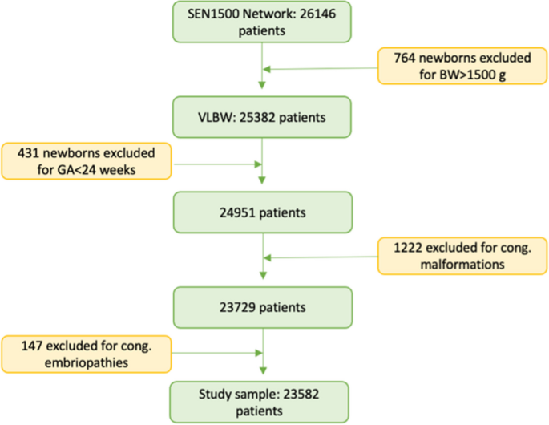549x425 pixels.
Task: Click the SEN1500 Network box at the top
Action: pos(263,23)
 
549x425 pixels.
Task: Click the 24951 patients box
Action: pos(263,212)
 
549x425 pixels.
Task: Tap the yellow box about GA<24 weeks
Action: pos(87,160)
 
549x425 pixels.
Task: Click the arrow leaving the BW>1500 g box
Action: pos(321,68)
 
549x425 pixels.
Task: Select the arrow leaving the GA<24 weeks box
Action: pos(216,165)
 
